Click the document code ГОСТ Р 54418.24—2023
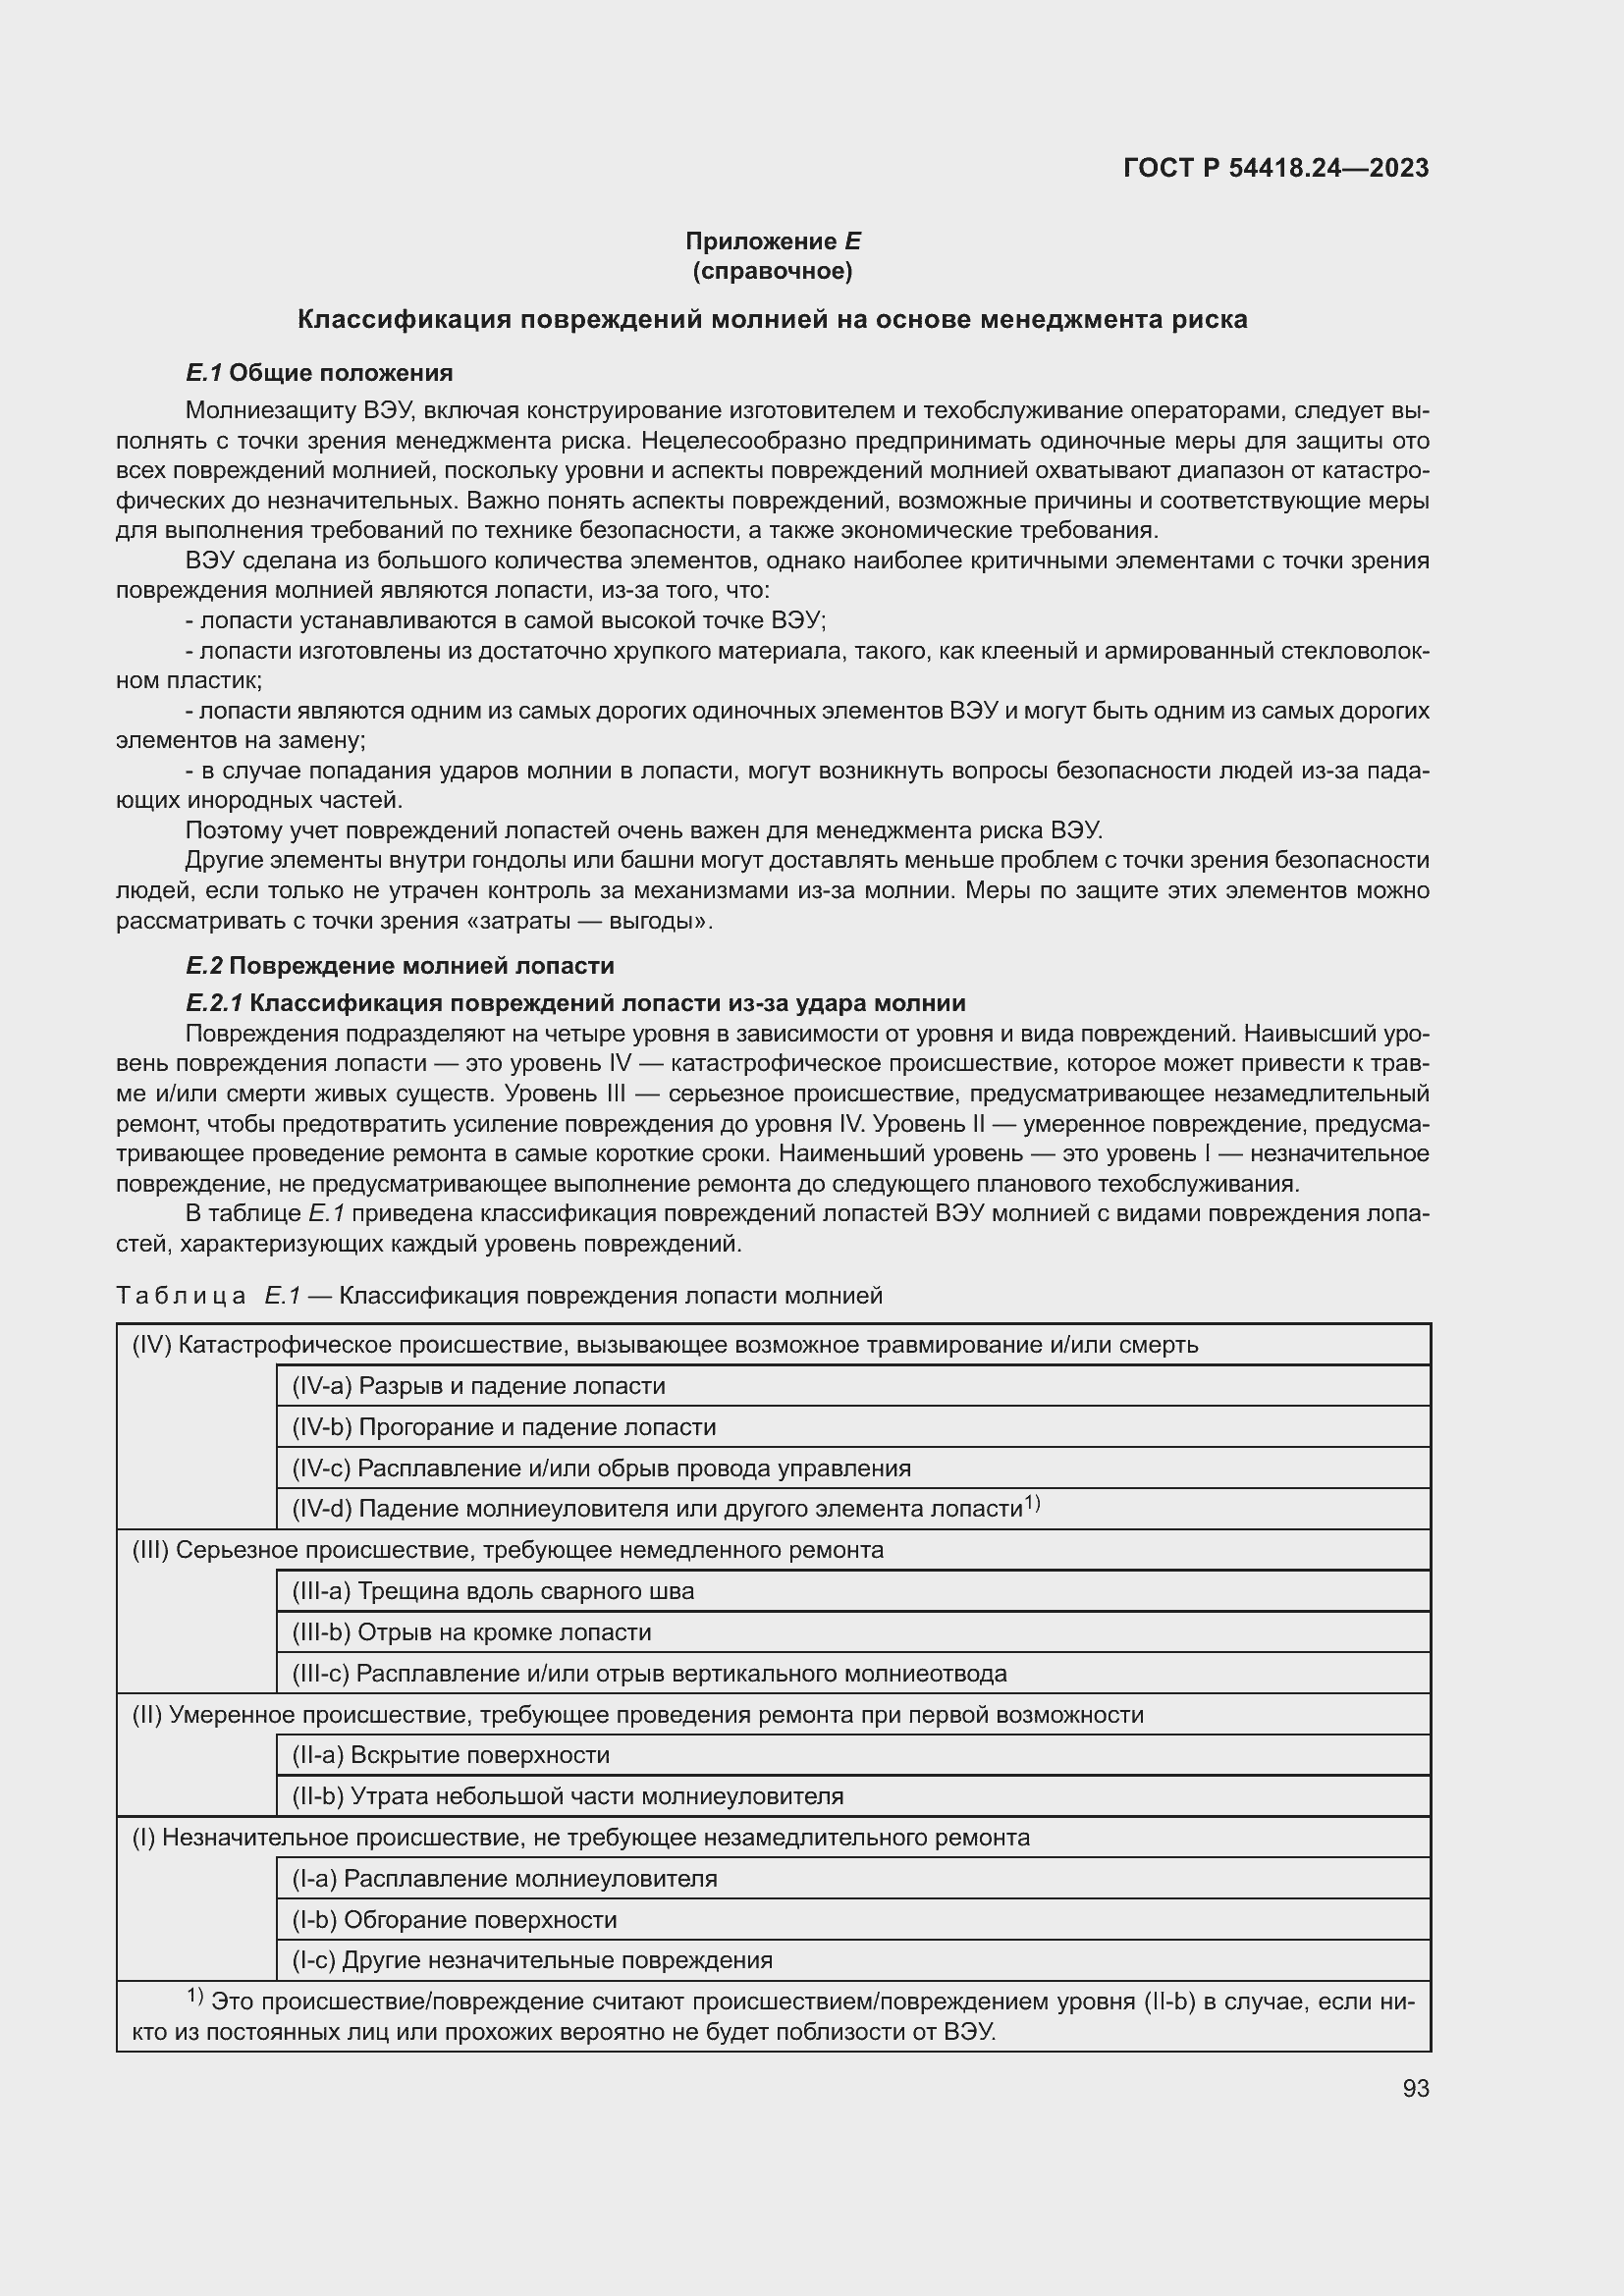coord(1276,168)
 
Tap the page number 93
coord(1415,2088)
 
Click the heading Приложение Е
coord(772,241)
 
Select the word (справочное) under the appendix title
coord(772,271)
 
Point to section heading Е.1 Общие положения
coord(319,373)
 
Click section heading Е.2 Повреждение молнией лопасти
coord(400,965)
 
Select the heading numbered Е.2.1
coord(575,1003)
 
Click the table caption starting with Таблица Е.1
coord(499,1296)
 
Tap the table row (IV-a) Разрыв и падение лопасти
coord(478,1386)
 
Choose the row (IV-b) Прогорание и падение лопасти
coord(503,1427)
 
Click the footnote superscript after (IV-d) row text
coord(1032,1502)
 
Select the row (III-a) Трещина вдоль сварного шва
coord(492,1591)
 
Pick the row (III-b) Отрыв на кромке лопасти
coord(471,1632)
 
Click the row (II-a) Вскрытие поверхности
coord(450,1755)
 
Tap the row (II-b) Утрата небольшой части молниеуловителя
coord(567,1796)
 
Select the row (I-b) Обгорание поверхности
coord(454,1920)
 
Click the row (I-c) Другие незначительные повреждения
coord(532,1960)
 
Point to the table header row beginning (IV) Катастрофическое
coord(665,1345)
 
